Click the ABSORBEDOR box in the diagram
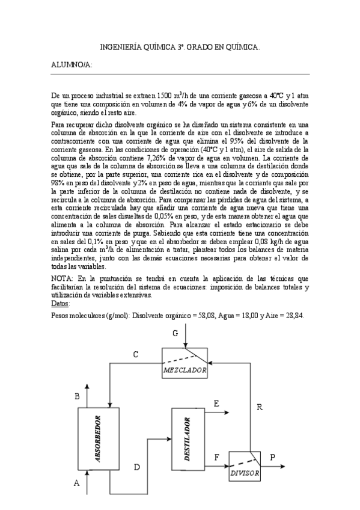[96, 446]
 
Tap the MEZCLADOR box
[186, 363]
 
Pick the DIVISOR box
[245, 467]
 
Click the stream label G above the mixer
[175, 333]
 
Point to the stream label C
[136, 355]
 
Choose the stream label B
[76, 396]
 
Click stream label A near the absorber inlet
[76, 482]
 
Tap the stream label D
[136, 467]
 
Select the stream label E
[216, 405]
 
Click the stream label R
[260, 407]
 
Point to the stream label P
[272, 457]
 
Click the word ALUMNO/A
[72, 65]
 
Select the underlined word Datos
[61, 304]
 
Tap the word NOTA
[63, 279]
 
